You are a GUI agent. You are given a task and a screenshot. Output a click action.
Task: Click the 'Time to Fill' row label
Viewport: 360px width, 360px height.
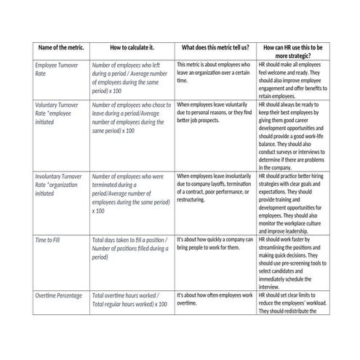click(52, 240)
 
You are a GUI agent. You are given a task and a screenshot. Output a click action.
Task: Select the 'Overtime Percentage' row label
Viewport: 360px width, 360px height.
click(59, 295)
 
